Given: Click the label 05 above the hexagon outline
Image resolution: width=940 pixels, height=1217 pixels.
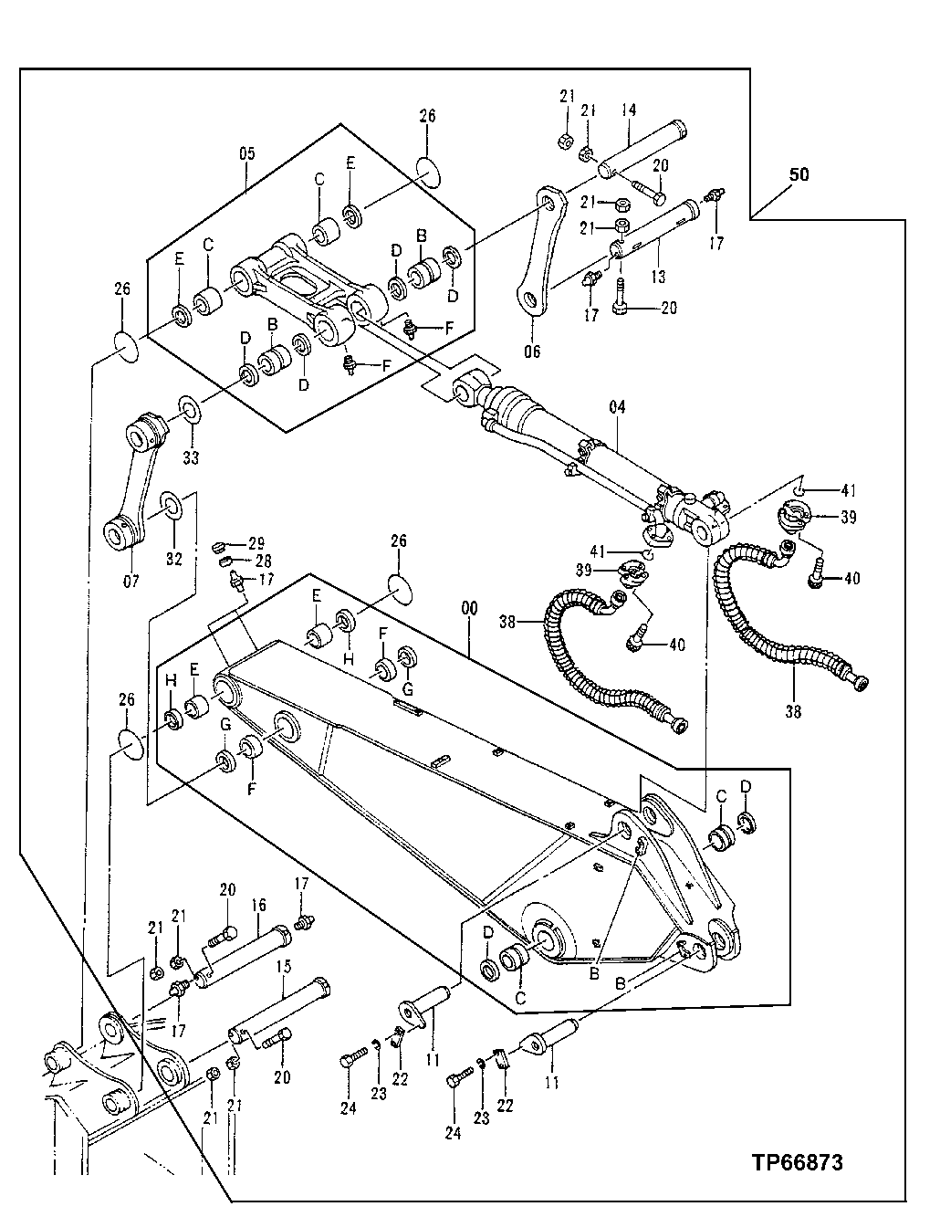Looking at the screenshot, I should [247, 154].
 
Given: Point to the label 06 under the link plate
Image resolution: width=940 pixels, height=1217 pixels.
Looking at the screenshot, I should [532, 351].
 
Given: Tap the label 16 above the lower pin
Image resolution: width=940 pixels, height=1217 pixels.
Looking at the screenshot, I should [258, 905].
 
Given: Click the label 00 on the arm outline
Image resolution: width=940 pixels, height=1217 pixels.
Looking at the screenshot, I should [468, 618].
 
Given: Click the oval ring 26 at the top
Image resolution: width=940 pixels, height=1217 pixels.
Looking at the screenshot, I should [427, 170].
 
